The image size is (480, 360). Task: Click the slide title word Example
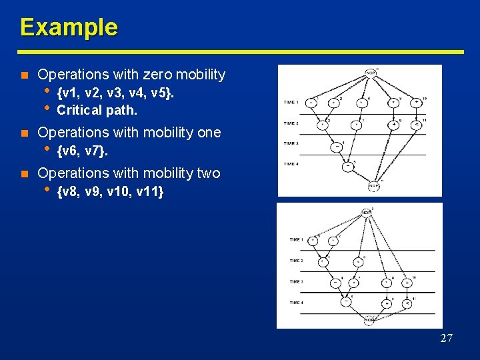(69, 27)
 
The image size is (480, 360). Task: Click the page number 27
(446, 338)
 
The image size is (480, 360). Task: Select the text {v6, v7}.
(83, 152)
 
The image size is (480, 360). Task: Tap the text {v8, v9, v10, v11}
(111, 193)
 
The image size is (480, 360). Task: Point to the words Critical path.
(97, 110)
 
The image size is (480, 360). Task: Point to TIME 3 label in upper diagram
(291, 143)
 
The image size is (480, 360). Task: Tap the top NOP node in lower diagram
(366, 213)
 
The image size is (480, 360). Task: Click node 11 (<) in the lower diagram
(407, 303)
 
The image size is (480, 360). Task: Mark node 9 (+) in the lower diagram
(386, 303)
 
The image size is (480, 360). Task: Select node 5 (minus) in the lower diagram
(346, 301)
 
